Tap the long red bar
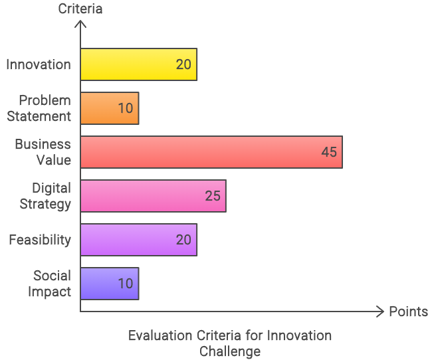[199, 152]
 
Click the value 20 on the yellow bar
[183, 64]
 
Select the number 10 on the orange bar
[126, 108]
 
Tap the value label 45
[329, 152]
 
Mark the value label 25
[213, 196]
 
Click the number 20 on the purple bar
[183, 240]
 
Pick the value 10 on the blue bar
[126, 284]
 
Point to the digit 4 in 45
[325, 152]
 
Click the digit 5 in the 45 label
[334, 152]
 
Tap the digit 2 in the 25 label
[209, 196]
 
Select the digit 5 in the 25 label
[217, 196]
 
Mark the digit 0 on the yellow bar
[188, 64]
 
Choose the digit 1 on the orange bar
[121, 108]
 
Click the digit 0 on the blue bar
[130, 284]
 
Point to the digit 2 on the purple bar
[179, 240]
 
